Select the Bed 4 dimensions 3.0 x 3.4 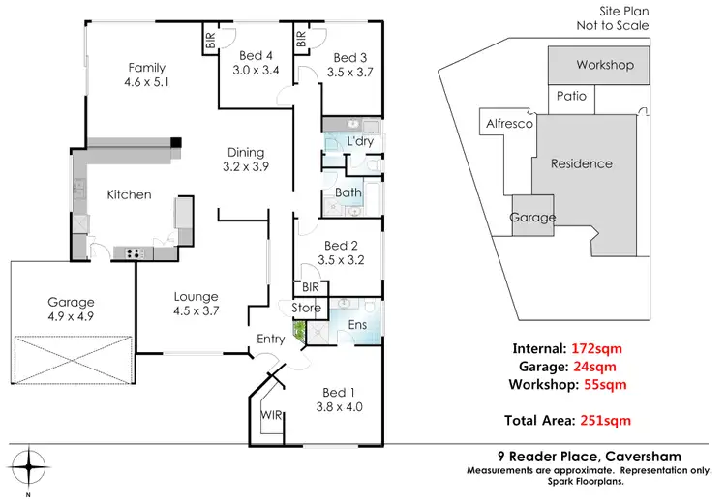[256, 70]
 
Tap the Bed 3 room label [343, 55]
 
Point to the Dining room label [245, 152]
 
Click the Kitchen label [129, 194]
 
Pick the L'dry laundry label [359, 142]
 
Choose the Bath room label [348, 192]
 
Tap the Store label [306, 308]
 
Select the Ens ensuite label [357, 325]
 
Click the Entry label [270, 339]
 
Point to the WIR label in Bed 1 [271, 415]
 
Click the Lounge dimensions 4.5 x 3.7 [196, 311]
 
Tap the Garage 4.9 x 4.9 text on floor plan [70, 316]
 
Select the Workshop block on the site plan [604, 66]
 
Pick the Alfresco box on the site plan [503, 125]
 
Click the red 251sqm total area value [604, 420]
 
